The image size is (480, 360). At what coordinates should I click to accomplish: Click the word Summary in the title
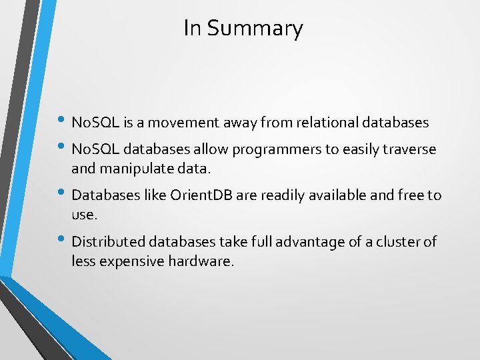pos(255,29)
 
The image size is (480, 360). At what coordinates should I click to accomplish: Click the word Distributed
pos(109,241)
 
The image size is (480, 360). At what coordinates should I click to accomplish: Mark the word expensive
pos(136,261)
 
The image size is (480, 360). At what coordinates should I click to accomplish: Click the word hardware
pos(205,261)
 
